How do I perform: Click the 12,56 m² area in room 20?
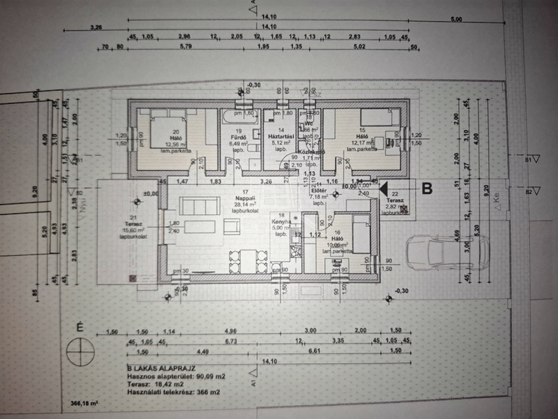pyautogui.click(x=163, y=144)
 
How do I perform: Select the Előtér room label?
pyautogui.click(x=316, y=191)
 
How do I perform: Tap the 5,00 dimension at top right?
pyautogui.click(x=456, y=19)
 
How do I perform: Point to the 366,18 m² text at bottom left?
pyautogui.click(x=84, y=404)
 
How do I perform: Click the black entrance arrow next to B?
pyautogui.click(x=383, y=189)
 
